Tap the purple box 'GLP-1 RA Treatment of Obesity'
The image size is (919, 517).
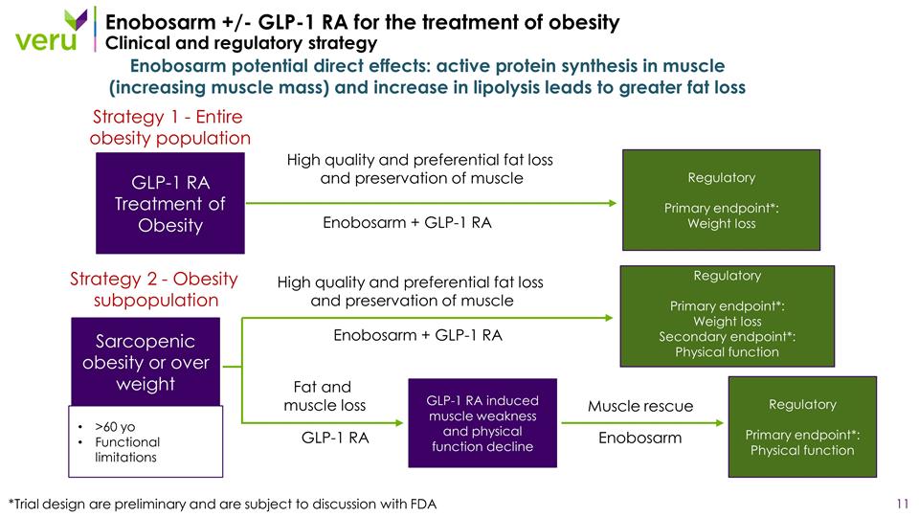coord(170,204)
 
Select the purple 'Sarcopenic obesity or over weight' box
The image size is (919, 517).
coord(146,363)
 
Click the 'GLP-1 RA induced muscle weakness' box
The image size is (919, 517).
coord(482,423)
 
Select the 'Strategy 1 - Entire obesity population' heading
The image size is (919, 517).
coord(169,127)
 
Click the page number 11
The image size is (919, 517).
coord(901,504)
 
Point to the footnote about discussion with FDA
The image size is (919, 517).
coord(222,505)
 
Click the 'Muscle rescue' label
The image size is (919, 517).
coord(640,406)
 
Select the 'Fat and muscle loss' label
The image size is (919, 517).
coord(324,396)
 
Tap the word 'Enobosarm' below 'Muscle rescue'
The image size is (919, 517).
coord(640,438)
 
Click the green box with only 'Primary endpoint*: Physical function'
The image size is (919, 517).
coord(802,427)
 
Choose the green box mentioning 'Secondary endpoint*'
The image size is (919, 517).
coord(727,316)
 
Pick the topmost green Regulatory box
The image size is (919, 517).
coord(721,200)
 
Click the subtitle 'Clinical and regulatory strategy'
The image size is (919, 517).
coord(240,44)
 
